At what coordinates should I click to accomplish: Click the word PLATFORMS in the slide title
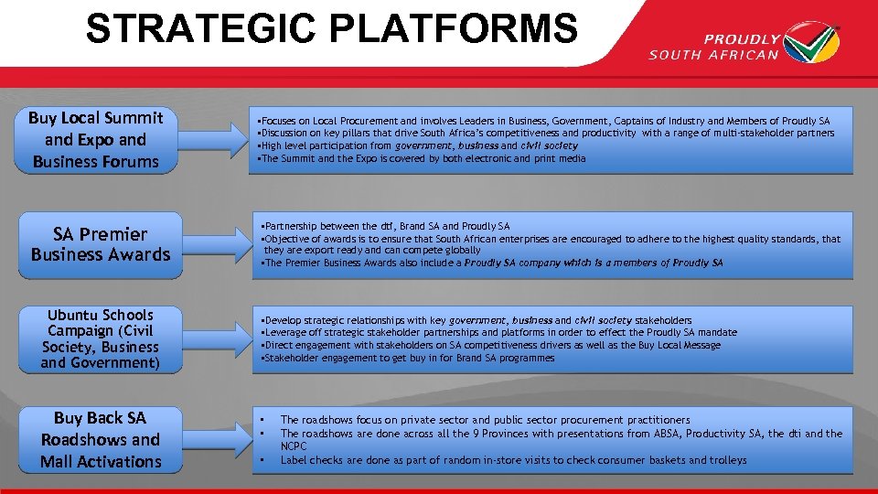click(455, 28)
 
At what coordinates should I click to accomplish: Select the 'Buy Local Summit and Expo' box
click(96, 140)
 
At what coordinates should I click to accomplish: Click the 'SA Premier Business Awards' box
click(101, 244)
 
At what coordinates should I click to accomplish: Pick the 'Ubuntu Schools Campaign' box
click(101, 339)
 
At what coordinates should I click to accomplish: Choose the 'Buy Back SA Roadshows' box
click(101, 440)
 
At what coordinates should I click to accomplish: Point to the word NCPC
click(294, 446)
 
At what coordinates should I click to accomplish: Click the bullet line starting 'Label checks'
click(512, 460)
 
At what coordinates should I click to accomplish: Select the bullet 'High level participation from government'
click(421, 145)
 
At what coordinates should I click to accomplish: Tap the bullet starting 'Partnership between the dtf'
click(387, 226)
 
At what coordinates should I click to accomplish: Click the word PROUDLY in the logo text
click(741, 39)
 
